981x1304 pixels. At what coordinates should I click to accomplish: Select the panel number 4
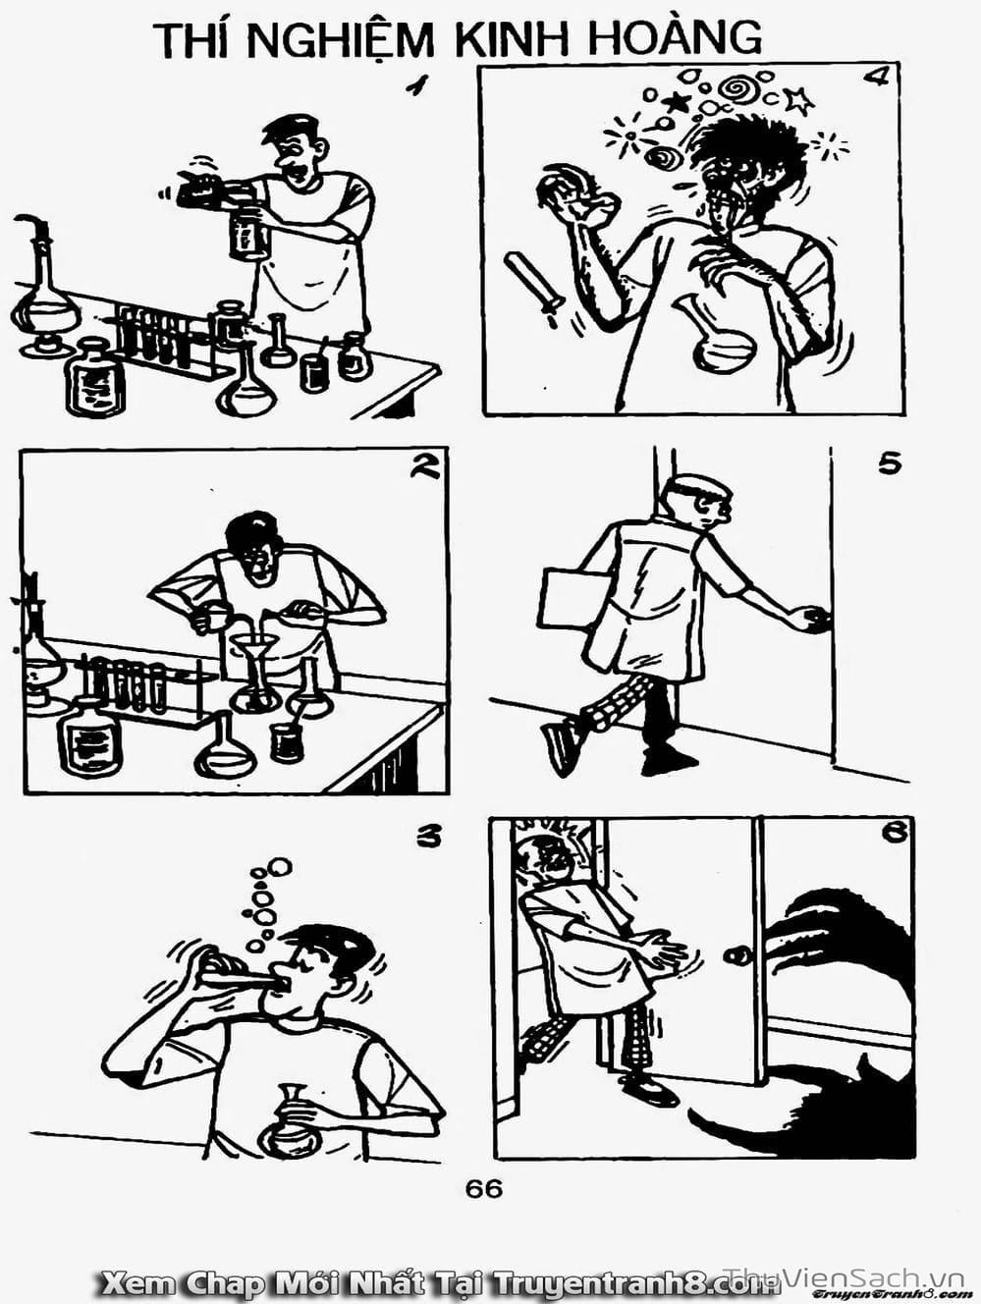[875, 78]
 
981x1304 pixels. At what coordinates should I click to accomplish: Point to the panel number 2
[424, 468]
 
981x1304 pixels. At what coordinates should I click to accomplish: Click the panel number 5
[890, 464]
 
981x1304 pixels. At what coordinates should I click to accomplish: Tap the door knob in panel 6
[737, 955]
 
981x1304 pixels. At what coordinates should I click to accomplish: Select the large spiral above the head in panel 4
[736, 89]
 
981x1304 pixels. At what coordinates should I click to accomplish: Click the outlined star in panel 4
[798, 100]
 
